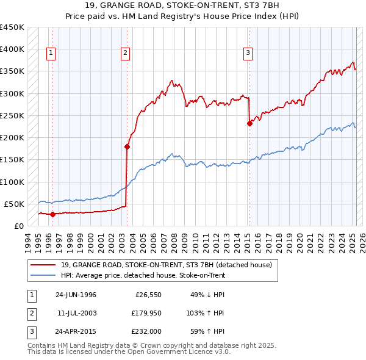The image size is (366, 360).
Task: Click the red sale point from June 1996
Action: click(x=52, y=214)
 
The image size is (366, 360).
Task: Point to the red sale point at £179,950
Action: click(x=127, y=146)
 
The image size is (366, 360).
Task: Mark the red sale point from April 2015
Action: click(x=249, y=123)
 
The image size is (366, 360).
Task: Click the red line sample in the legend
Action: click(x=43, y=264)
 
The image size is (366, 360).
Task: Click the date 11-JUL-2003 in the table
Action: click(x=77, y=313)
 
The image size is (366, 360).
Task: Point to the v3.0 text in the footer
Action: click(x=221, y=352)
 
